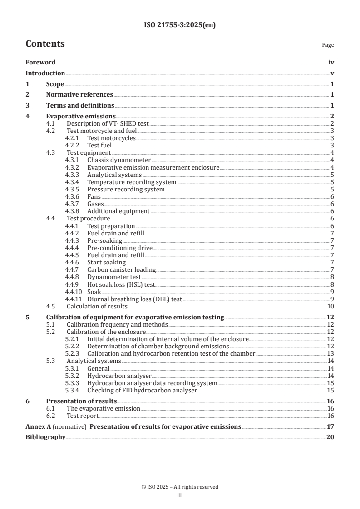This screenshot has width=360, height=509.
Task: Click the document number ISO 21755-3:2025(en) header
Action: [x=180, y=25]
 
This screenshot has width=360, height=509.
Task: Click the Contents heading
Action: [x=45, y=44]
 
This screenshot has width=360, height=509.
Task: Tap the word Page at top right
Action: [x=328, y=45]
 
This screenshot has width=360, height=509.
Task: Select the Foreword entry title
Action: [x=40, y=62]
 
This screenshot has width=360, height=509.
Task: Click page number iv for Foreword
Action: [x=331, y=62]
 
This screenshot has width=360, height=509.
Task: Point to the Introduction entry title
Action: [x=45, y=73]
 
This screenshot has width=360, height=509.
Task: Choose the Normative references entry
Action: [x=79, y=95]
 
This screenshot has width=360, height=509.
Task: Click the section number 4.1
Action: [x=51, y=124]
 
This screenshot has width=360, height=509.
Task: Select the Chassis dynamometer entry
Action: [x=119, y=160]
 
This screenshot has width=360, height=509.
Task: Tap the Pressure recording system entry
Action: [x=126, y=189]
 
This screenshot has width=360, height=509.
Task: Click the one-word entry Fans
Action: [x=94, y=196]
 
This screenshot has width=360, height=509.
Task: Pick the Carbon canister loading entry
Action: [x=121, y=269]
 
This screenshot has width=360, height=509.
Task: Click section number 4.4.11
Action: [x=73, y=299]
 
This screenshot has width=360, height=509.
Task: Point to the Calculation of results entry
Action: [x=95, y=306]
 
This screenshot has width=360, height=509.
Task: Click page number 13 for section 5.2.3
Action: [x=330, y=353]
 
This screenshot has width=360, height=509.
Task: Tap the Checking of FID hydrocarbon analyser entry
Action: [x=142, y=390]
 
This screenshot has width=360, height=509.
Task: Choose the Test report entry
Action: [x=83, y=416]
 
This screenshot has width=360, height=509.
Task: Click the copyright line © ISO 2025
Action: [x=180, y=487]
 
